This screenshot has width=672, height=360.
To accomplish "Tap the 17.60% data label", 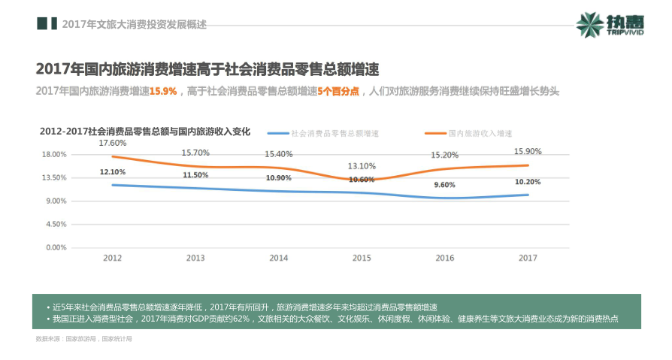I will coord(112,143).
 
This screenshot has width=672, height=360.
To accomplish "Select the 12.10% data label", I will coord(112,172).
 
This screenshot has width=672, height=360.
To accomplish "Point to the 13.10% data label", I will coord(362,166).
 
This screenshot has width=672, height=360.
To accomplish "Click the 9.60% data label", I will coord(444,185).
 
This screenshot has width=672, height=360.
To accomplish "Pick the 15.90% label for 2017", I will coord(528,151).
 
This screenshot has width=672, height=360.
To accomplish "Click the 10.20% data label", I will coord(528,182).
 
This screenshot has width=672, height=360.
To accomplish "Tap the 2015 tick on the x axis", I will coord(362,258).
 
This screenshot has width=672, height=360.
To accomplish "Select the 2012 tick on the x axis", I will coord(112,258).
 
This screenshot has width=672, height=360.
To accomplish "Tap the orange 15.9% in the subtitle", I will coord(163,92).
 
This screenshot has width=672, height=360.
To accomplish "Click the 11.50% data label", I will coord(195,175).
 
